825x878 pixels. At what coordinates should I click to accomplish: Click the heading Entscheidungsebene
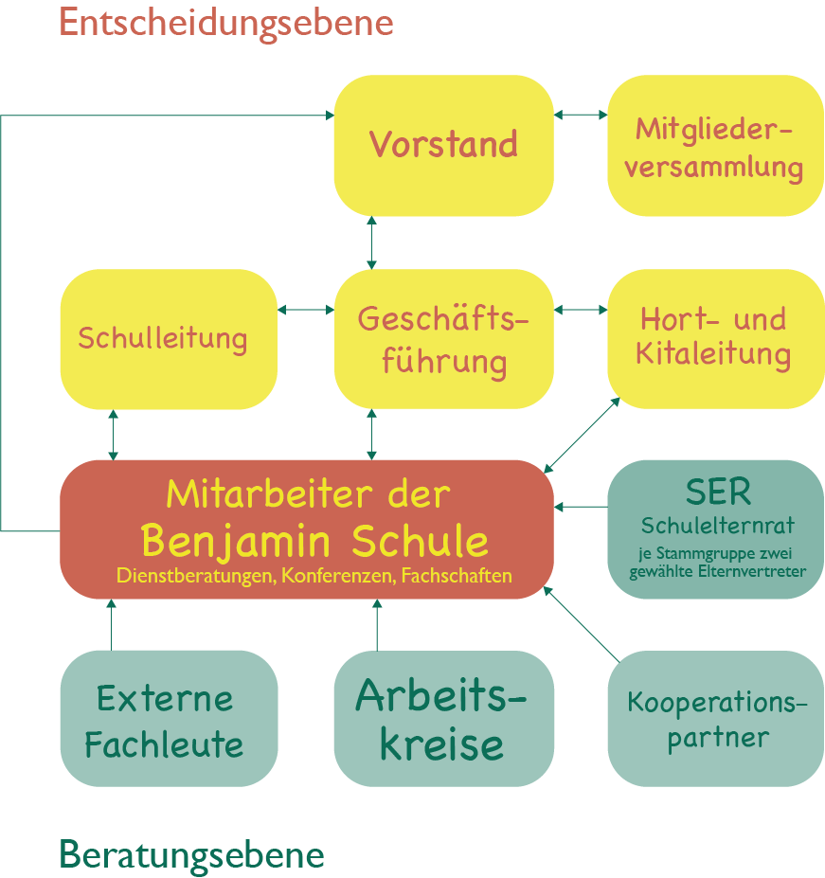(225, 22)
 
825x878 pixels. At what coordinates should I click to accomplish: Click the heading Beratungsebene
(191, 855)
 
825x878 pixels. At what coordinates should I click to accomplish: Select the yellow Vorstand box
(443, 145)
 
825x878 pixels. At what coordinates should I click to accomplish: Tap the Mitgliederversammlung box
(714, 147)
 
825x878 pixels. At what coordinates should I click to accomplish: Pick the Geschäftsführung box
(443, 340)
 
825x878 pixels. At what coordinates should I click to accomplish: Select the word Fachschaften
(457, 575)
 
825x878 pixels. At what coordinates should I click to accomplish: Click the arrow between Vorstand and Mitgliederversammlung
(581, 115)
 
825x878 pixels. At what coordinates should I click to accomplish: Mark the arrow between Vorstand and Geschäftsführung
(371, 242)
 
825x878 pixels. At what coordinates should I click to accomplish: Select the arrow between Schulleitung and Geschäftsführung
(306, 309)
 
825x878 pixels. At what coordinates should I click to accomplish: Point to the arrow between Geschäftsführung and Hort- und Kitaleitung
(581, 309)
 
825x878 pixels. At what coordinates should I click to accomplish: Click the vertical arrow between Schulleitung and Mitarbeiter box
(114, 435)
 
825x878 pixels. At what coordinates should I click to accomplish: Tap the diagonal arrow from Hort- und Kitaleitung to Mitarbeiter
(583, 434)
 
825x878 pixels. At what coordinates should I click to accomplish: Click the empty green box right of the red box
(714, 529)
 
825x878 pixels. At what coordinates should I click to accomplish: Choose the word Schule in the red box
(420, 541)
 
